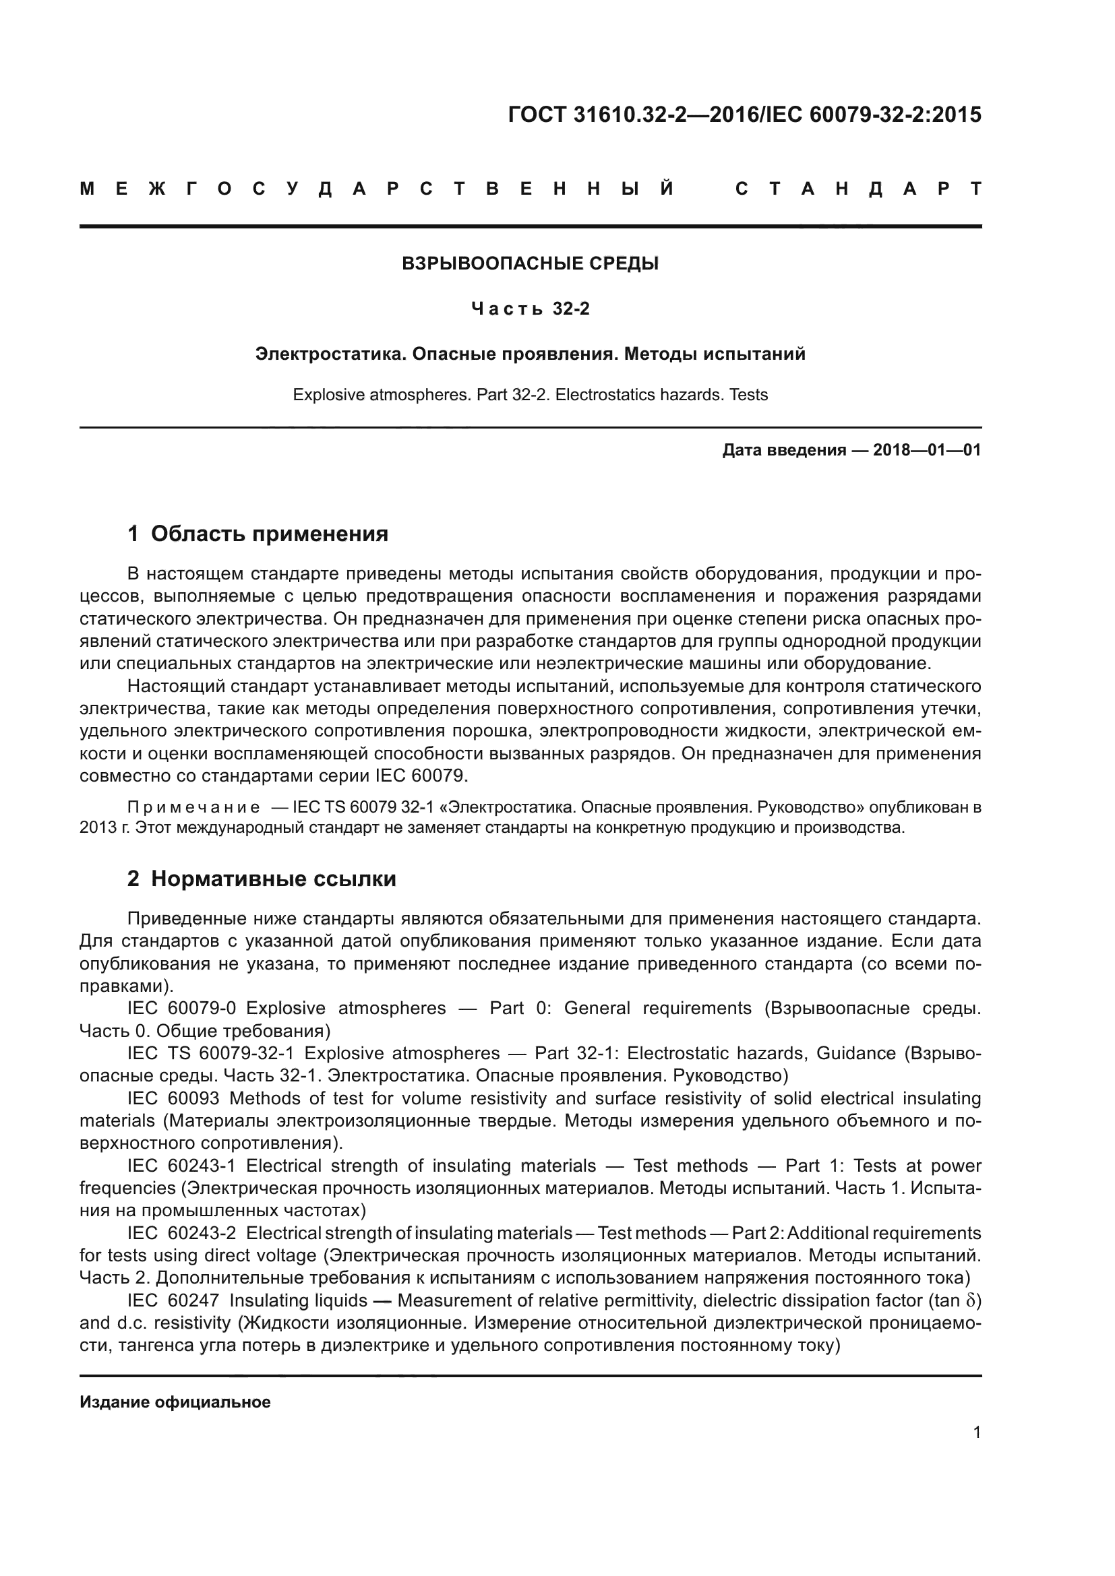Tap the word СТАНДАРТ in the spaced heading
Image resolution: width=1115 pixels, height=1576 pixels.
point(858,189)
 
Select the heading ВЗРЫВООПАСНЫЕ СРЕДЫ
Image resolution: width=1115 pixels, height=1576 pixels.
point(530,263)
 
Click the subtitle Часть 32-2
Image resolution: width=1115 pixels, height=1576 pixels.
point(530,309)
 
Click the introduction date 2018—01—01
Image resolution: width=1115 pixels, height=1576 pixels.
point(927,450)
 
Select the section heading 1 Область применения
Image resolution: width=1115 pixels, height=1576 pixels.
point(258,534)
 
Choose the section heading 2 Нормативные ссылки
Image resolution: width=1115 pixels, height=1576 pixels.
point(262,879)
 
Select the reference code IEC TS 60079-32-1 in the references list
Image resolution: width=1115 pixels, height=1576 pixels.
point(210,1054)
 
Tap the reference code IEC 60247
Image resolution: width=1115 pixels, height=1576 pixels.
point(173,1300)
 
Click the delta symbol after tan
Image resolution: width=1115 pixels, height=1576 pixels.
point(969,1300)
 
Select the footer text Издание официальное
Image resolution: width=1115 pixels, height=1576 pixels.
point(175,1402)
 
